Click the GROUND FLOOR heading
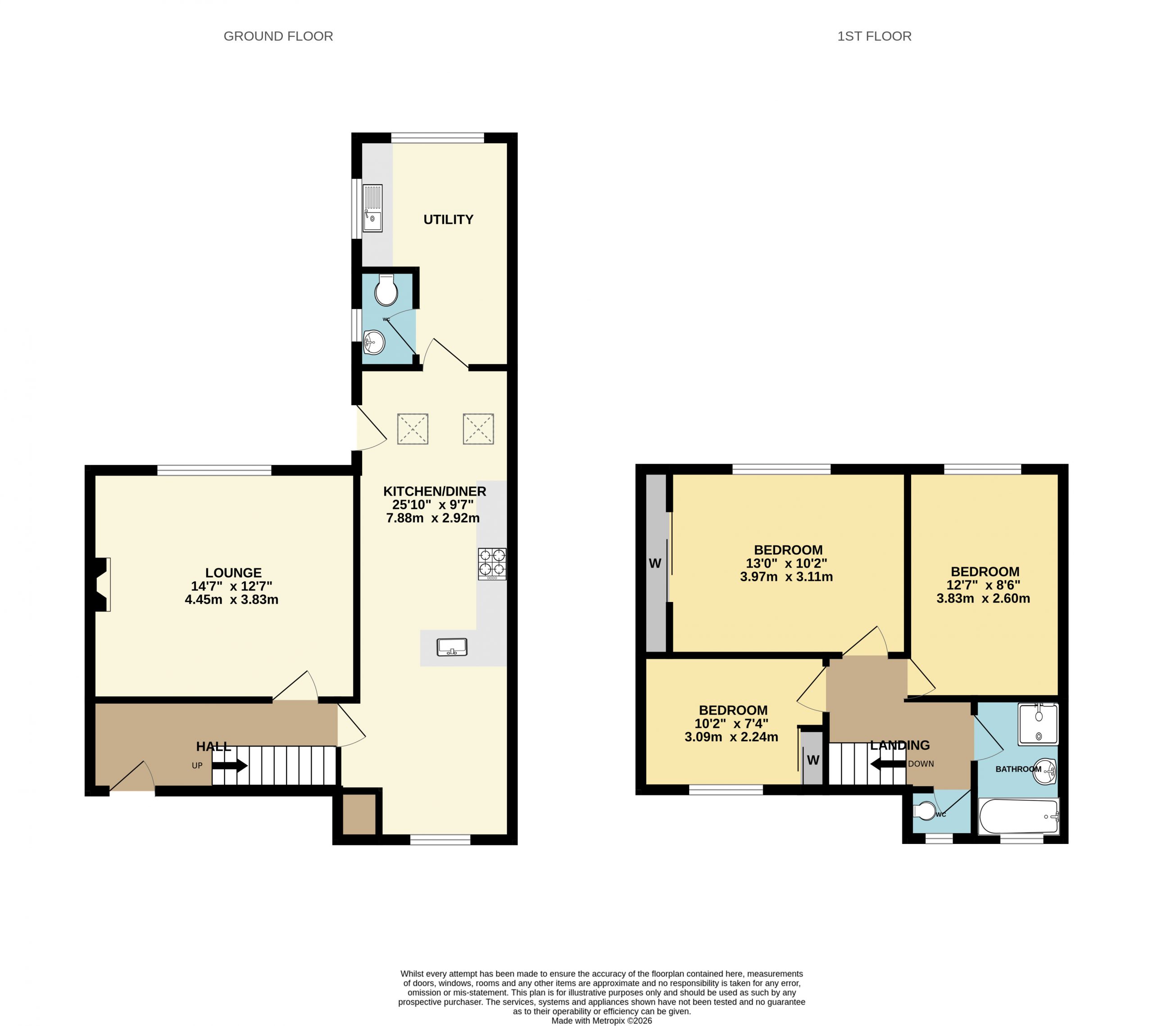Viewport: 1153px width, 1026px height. pyautogui.click(x=278, y=36)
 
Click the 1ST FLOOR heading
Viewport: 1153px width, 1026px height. pyautogui.click(x=874, y=36)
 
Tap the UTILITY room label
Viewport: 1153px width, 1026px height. pyautogui.click(x=449, y=219)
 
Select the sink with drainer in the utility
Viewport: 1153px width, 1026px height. pyautogui.click(x=373, y=208)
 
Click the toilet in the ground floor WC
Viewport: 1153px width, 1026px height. pyautogui.click(x=386, y=290)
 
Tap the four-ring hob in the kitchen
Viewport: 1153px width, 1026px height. pyautogui.click(x=492, y=564)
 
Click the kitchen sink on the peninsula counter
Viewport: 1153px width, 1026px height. pyautogui.click(x=452, y=647)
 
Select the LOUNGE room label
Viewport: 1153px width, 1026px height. pyautogui.click(x=233, y=573)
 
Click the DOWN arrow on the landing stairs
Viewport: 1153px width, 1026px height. pyautogui.click(x=889, y=764)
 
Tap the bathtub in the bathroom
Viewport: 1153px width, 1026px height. pyautogui.click(x=1019, y=816)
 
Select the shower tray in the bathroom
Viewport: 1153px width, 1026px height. pyautogui.click(x=1039, y=724)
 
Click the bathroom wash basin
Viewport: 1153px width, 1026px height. pyautogui.click(x=1045, y=771)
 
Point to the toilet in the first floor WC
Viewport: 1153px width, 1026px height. pyautogui.click(x=924, y=811)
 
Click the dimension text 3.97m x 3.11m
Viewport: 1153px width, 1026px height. pyautogui.click(x=786, y=577)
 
